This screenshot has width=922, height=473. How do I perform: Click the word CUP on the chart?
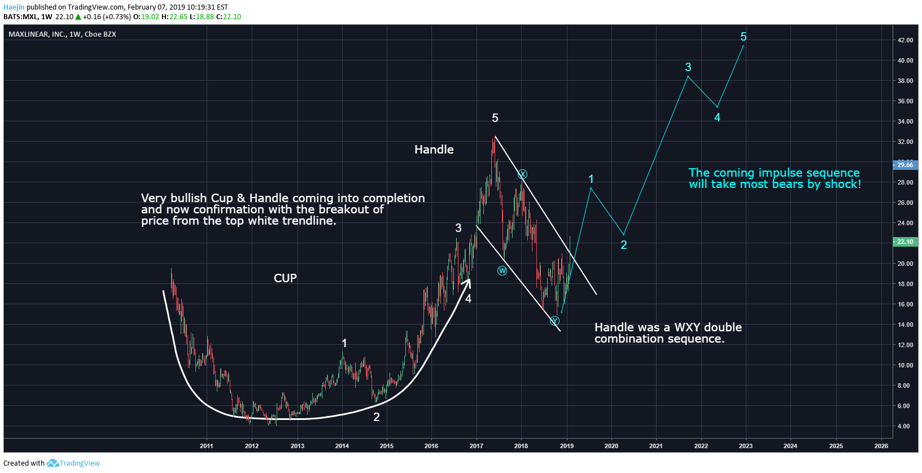click(x=285, y=278)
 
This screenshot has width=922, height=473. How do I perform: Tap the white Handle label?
click(x=434, y=150)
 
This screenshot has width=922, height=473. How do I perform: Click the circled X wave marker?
click(x=522, y=174)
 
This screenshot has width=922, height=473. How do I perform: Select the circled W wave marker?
click(x=502, y=270)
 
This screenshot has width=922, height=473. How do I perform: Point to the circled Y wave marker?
click(x=554, y=321)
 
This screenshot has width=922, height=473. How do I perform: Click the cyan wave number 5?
click(x=743, y=37)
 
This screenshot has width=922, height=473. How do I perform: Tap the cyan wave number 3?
click(x=688, y=67)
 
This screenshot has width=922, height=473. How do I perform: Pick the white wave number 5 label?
click(x=495, y=118)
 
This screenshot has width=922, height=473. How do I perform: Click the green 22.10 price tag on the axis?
click(x=904, y=242)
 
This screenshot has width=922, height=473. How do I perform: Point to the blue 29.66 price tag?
click(x=904, y=165)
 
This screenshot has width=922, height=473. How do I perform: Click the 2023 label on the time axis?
click(x=745, y=446)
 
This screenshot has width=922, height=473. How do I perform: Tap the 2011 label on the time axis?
click(x=206, y=446)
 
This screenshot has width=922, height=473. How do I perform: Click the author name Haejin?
click(x=14, y=7)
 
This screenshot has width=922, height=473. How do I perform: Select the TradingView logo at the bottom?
click(x=73, y=463)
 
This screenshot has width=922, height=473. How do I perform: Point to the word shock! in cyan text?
click(x=843, y=184)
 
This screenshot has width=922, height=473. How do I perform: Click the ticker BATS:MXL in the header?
click(x=20, y=17)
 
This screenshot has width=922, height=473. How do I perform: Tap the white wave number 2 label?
click(x=376, y=417)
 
